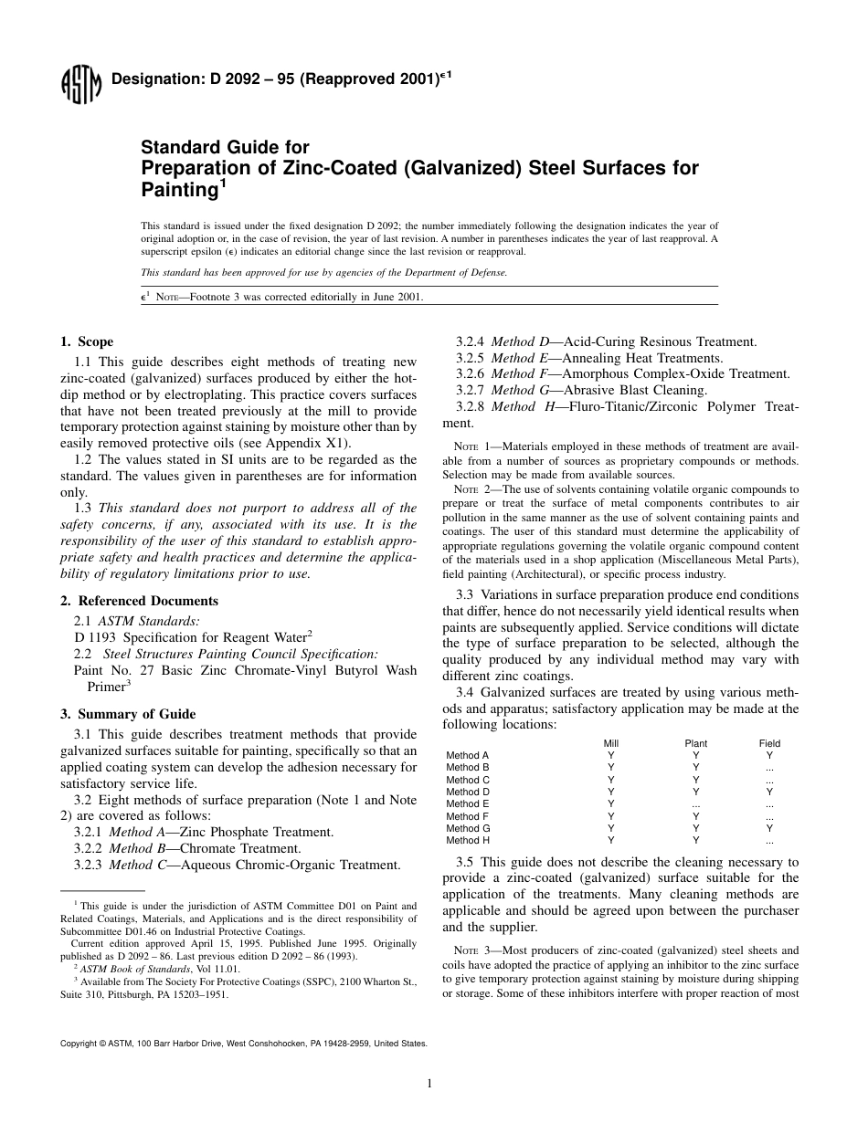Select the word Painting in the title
tap(177, 189)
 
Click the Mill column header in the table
tap(611, 743)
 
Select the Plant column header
tap(695, 743)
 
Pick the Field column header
tap(769, 743)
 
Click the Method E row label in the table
tap(468, 804)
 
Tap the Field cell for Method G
tap(769, 828)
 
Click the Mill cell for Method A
tap(611, 756)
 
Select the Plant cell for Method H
tap(695, 840)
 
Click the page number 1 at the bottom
tap(429, 1083)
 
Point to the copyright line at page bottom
tap(243, 1042)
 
